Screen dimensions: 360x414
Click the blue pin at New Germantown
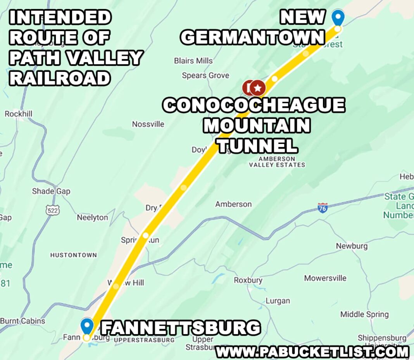pos(338,17)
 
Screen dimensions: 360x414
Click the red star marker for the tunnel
pos(257,88)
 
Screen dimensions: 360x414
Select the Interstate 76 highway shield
pos(322,207)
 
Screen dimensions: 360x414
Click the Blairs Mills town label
pos(193,61)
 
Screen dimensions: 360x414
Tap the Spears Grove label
pos(205,75)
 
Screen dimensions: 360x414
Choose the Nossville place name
pos(148,124)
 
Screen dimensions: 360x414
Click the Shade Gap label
pos(51,191)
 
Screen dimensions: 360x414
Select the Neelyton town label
pos(92,217)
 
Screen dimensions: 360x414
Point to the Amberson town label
pos(233,204)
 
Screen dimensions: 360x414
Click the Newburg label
pos(352,246)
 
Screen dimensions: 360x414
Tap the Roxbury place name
pos(248,280)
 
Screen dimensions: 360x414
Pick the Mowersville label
pos(325,278)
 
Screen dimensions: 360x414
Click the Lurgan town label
pos(278,301)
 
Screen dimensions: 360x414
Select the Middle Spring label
pos(364,314)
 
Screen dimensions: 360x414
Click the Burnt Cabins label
pos(22,321)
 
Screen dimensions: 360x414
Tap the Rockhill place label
pos(18,114)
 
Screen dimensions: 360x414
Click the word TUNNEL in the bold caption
pos(257,146)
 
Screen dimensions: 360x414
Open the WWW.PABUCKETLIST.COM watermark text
pos(312,352)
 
